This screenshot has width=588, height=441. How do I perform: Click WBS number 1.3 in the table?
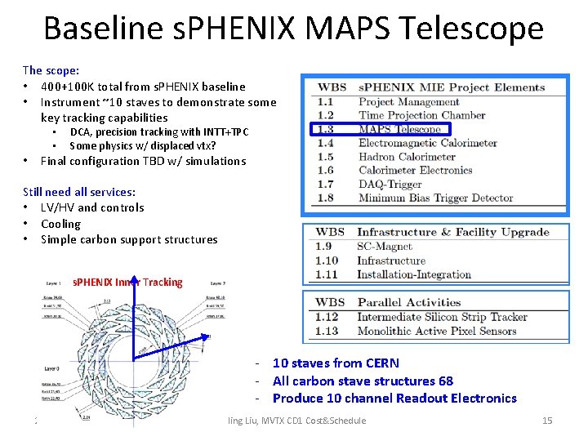click(325, 129)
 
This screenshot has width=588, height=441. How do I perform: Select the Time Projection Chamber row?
click(421, 115)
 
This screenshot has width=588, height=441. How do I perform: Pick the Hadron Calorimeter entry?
click(407, 157)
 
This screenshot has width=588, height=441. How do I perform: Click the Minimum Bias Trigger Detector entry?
click(435, 198)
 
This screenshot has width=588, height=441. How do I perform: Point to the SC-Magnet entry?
click(385, 247)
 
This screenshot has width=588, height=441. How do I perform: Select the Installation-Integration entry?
click(415, 274)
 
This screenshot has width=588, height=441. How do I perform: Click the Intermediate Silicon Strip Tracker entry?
click(442, 317)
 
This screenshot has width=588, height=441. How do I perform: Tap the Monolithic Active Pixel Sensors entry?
click(436, 331)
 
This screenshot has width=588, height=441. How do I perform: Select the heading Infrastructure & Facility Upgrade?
click(452, 233)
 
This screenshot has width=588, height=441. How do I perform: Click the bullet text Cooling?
click(60, 224)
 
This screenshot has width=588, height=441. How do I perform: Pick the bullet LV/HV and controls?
click(91, 207)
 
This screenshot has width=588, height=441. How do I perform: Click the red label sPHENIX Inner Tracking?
click(127, 283)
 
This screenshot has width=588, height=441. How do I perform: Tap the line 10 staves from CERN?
click(336, 363)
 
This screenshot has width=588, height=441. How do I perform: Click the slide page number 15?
click(547, 421)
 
